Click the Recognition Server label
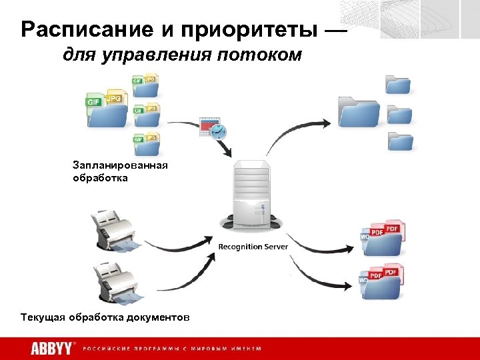coord(253,247)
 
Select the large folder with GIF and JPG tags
coord(106,108)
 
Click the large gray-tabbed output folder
coord(359,111)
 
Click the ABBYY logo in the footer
coord(53,348)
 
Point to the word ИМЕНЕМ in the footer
coord(245,349)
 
